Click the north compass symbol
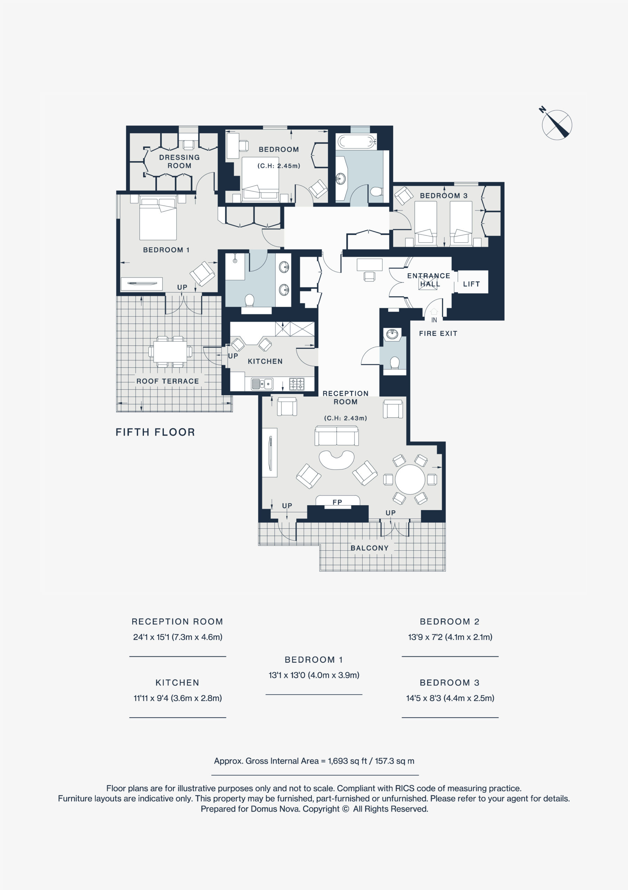tap(557, 124)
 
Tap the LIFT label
tap(472, 284)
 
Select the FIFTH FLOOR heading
tap(155, 432)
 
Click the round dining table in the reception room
tap(410, 479)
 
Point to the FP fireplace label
tap(337, 502)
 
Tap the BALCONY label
tap(369, 548)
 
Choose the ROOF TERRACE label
tap(168, 381)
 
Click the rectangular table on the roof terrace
tap(170, 351)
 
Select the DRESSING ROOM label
tap(179, 161)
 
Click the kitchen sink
tap(262, 384)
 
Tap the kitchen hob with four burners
tap(297, 384)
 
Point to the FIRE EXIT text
tap(438, 333)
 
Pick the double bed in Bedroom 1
tap(158, 219)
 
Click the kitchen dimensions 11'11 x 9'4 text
tap(178, 698)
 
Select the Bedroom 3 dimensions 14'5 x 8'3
tap(450, 698)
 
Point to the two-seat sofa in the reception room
tap(337, 435)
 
